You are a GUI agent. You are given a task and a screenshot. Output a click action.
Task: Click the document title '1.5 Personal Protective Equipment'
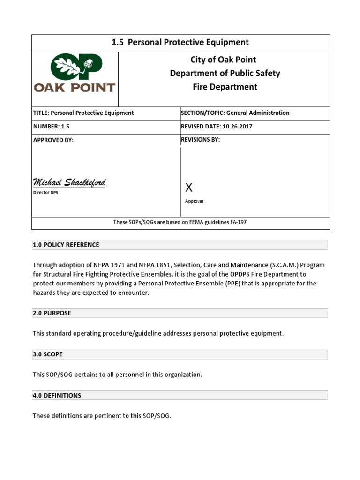180,43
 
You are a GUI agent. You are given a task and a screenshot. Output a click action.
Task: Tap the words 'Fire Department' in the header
225,87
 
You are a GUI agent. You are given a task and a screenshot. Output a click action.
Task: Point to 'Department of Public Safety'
225,73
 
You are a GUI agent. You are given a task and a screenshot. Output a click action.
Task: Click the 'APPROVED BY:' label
53,140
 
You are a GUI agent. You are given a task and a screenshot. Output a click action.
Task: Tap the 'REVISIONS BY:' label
200,139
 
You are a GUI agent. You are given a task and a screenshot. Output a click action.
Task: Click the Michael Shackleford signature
69,182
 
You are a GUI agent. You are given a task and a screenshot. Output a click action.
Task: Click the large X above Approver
189,188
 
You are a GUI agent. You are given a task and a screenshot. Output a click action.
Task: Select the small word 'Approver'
194,201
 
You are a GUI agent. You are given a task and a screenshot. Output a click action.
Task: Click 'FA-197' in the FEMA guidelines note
237,222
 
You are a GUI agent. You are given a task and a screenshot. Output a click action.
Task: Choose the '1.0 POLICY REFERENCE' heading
66,245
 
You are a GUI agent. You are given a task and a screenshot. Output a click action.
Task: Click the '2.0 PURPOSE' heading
52,313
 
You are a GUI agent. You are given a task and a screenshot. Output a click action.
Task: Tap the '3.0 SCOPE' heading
47,354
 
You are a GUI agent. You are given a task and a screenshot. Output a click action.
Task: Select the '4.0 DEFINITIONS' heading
57,395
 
